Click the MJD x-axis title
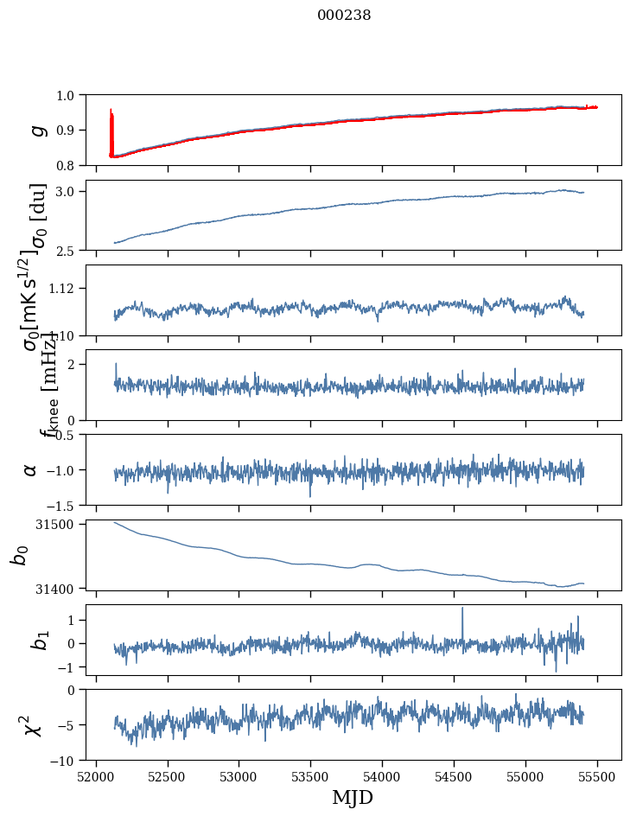pyautogui.click(x=353, y=797)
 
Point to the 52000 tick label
pyautogui.click(x=96, y=775)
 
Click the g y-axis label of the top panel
pyautogui.click(x=36, y=130)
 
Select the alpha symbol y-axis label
pyautogui.click(x=31, y=469)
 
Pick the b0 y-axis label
pyautogui.click(x=19, y=554)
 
